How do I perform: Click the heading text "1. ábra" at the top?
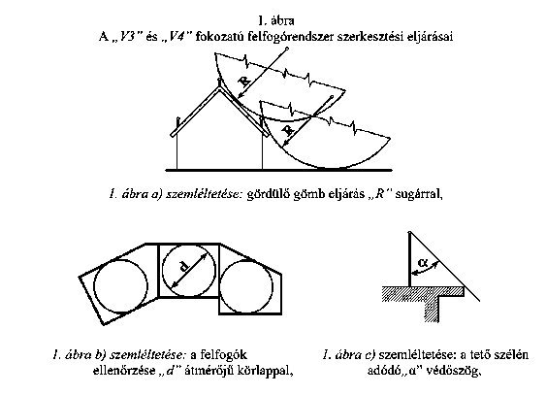tap(276, 21)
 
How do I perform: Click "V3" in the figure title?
tap(127, 36)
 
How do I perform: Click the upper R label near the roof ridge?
tap(244, 82)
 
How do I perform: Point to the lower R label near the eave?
tap(288, 131)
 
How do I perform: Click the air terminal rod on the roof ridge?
tap(219, 82)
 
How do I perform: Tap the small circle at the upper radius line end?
tap(287, 49)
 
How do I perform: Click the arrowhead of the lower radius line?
tap(285, 143)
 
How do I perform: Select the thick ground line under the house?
tap(279, 171)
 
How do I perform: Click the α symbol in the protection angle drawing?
tap(423, 263)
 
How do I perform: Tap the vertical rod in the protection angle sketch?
tap(410, 260)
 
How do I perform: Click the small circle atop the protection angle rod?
tap(410, 232)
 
